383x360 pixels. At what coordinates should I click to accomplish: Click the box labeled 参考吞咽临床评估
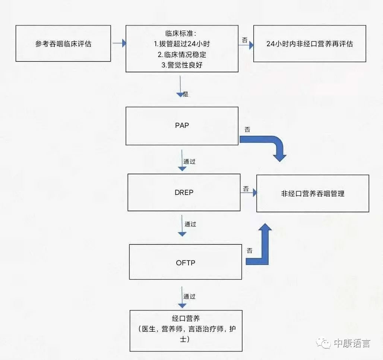point(63,44)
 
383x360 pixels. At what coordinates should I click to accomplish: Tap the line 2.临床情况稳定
point(182,54)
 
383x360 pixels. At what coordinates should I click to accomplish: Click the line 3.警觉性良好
point(182,65)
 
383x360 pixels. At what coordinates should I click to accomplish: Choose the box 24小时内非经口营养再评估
point(310,44)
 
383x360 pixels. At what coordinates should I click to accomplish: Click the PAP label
point(182,126)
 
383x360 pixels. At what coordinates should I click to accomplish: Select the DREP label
point(184,193)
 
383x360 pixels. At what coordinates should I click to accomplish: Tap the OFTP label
point(186,263)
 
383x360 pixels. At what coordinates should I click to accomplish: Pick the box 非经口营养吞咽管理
point(313,193)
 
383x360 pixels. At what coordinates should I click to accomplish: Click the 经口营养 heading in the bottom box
point(186,319)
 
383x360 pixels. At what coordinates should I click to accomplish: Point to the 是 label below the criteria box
point(186,94)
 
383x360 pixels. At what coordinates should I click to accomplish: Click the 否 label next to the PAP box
point(247,130)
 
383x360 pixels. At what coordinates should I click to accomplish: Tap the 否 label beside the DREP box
point(246,189)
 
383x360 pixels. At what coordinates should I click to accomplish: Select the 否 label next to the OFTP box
point(249,251)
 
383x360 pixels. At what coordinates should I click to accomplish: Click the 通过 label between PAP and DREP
point(189,162)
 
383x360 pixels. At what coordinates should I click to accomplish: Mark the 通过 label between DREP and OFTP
point(190,224)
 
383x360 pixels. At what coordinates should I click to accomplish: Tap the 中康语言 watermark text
point(352,343)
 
